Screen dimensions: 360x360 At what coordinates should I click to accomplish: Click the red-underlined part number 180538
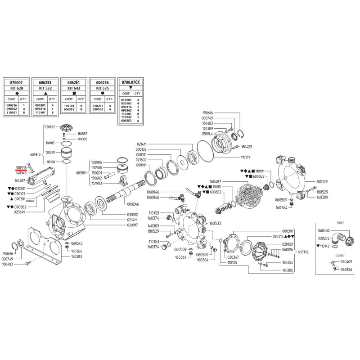[x=21, y=168]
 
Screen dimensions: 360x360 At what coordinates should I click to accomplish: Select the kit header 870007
[x=16, y=82]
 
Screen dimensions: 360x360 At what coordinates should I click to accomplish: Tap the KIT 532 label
[x=45, y=88]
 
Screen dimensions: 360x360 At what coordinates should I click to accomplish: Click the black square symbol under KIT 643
[x=74, y=93]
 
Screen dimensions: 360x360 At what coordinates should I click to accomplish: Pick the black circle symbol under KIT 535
[x=103, y=93]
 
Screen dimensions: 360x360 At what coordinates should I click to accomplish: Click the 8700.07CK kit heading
[x=130, y=82]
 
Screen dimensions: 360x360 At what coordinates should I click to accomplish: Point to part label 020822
[x=50, y=127]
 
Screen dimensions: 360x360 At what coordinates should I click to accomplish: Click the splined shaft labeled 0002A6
[x=126, y=191]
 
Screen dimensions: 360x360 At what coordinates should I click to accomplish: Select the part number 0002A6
[x=133, y=204]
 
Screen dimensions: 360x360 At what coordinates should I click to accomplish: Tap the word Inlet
[x=340, y=222]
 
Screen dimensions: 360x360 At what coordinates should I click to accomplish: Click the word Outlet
[x=340, y=255]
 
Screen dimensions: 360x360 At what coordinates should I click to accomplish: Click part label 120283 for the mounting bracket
[x=76, y=256]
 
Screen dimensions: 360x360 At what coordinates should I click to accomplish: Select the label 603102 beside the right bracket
[x=303, y=252]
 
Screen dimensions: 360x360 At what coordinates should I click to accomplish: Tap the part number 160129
[x=322, y=182]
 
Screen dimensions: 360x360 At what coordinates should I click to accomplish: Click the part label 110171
[x=245, y=157]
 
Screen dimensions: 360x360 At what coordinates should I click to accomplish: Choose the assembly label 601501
[x=81, y=173]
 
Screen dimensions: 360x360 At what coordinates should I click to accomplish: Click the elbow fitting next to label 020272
[x=339, y=238]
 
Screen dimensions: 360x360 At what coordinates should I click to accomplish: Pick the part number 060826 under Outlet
[x=346, y=269]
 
